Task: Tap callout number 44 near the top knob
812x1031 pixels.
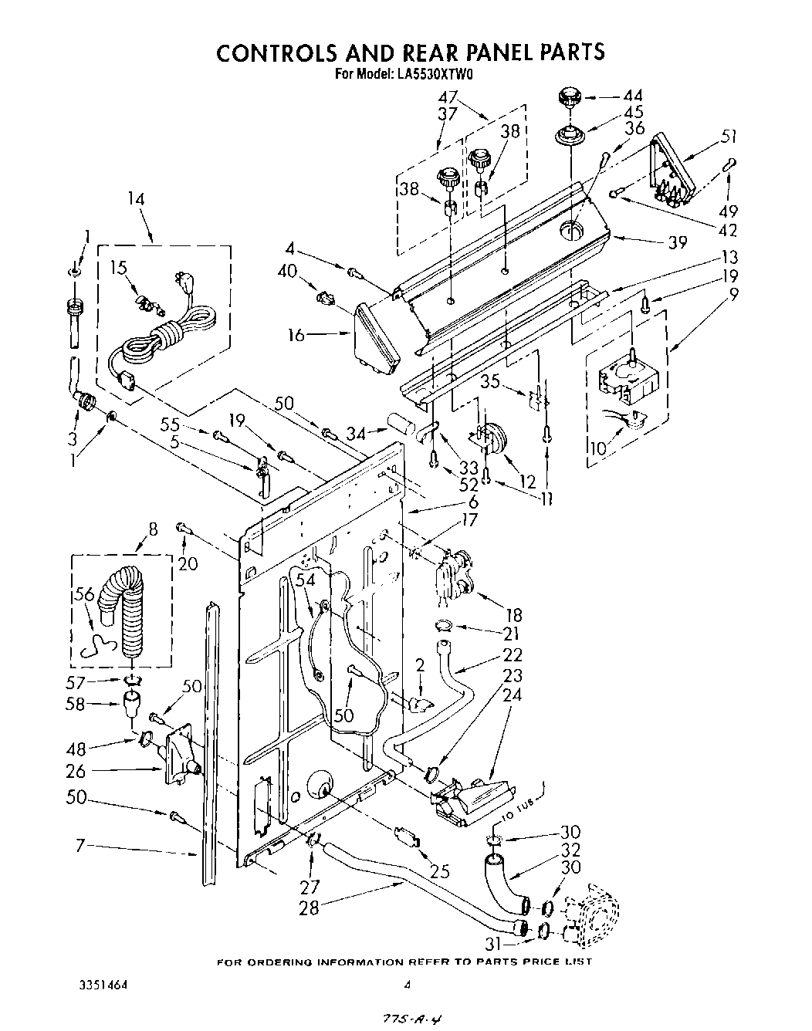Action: tap(632, 96)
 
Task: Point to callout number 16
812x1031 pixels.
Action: tap(295, 335)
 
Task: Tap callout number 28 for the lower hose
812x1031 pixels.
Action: tap(309, 908)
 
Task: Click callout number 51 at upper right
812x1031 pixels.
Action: tap(728, 137)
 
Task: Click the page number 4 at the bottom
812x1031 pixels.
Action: tap(407, 985)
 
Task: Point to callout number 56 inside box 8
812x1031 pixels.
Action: tap(84, 593)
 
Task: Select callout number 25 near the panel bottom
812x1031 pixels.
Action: tap(440, 872)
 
